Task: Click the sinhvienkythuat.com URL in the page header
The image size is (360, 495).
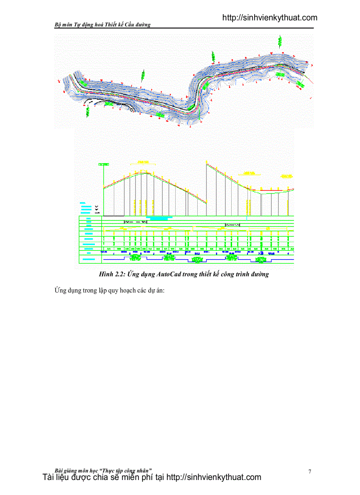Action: click(x=270, y=18)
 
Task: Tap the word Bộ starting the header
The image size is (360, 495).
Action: click(x=58, y=25)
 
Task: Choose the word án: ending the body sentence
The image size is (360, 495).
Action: click(x=158, y=290)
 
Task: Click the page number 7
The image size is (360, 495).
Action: click(x=310, y=472)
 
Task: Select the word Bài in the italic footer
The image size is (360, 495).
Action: click(x=58, y=470)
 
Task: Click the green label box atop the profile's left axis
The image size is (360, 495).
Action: click(x=104, y=164)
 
